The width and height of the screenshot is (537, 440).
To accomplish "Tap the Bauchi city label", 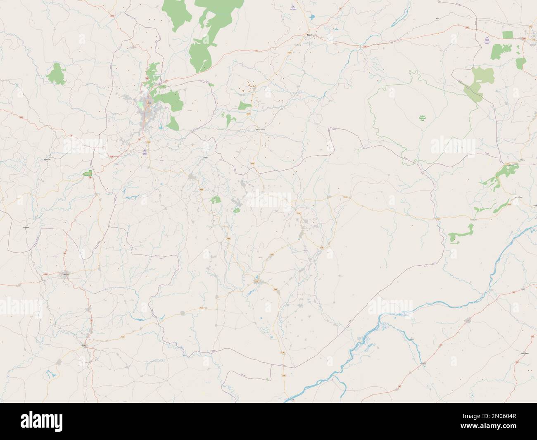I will click(310, 35).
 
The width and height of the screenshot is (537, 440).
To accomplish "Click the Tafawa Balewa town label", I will click(259, 129).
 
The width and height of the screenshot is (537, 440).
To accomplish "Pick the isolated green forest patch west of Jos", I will click(56, 73).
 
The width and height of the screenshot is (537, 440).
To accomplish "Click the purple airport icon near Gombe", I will click(486, 39).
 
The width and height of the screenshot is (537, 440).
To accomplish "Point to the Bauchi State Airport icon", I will click(293, 7).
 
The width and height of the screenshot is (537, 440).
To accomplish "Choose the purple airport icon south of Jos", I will click(145, 151).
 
